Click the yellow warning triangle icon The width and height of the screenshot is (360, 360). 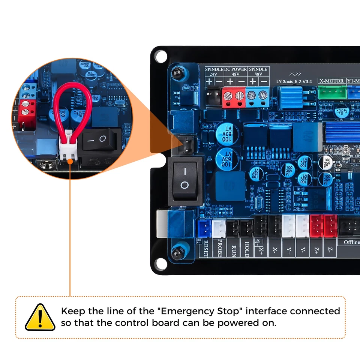click(x=40, y=317)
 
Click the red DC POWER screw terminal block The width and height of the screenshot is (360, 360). click(x=234, y=97)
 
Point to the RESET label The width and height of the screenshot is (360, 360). click(x=205, y=249)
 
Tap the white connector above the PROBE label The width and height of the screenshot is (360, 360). click(x=219, y=227)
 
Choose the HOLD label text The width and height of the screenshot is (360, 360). click(x=247, y=249)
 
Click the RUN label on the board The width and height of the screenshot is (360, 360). click(x=233, y=249)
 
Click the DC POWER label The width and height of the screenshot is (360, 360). click(x=235, y=69)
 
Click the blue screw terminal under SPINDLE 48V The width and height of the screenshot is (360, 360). click(x=258, y=97)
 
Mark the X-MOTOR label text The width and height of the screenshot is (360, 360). click(x=331, y=81)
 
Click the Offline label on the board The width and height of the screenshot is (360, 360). click(x=351, y=242)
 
